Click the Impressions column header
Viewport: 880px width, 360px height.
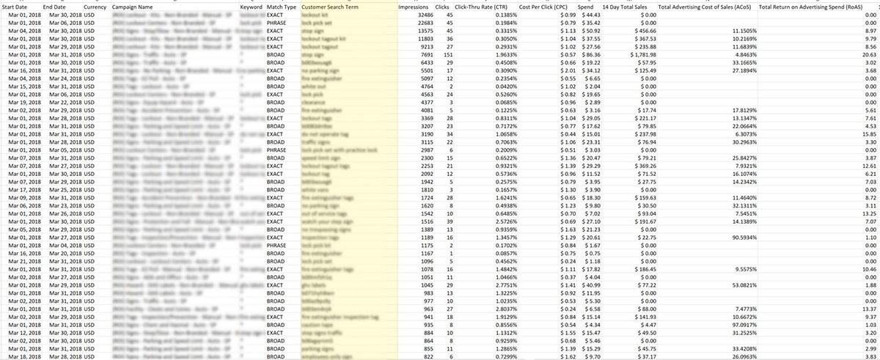click(413, 7)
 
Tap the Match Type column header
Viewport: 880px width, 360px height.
click(282, 7)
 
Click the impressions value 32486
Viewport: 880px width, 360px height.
click(418, 15)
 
